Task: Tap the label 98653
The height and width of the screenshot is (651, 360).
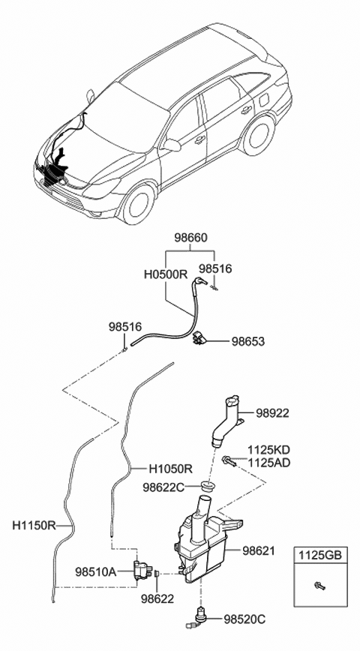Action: tap(247, 341)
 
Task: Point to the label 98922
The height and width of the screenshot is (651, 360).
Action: tap(272, 413)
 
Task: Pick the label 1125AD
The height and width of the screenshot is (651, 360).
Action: tap(268, 464)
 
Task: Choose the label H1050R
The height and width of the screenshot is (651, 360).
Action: tap(170, 469)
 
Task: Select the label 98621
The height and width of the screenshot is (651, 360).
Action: tap(259, 550)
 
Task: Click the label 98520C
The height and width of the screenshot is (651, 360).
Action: tap(244, 619)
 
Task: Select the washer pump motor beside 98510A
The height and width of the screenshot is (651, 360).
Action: tap(141, 569)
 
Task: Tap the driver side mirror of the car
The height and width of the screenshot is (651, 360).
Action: tap(172, 144)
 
